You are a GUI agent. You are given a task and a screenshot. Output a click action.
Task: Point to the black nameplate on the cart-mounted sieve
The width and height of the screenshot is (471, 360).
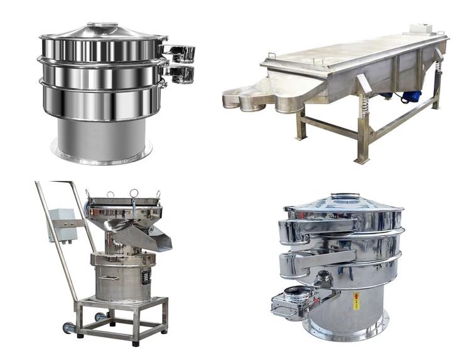coord(146,275)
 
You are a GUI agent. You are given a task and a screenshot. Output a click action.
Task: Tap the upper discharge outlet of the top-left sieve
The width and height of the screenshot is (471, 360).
coord(180,53)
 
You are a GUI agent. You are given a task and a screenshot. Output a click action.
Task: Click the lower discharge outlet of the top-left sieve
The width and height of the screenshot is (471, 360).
coord(181,74)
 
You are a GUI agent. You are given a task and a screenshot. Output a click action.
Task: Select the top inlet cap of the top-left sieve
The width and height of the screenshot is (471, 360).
coord(102,27)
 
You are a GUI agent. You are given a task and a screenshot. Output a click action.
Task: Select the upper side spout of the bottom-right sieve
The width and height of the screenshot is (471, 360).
coord(296,231)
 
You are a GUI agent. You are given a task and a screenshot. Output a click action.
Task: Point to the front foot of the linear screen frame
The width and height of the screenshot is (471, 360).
coord(362,161)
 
